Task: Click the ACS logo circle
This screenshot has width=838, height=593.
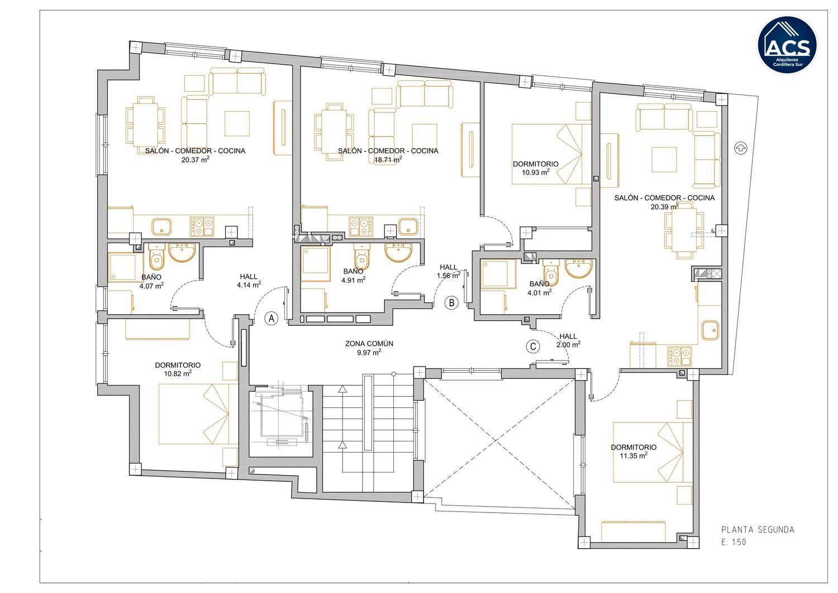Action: (x=788, y=45)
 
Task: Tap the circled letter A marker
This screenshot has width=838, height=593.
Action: (x=271, y=318)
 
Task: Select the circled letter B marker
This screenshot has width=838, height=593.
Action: (x=451, y=302)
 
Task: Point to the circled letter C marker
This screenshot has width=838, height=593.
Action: (x=533, y=347)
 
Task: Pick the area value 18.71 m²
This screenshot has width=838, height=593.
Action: (x=388, y=160)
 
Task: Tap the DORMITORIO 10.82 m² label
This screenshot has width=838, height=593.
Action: (x=178, y=369)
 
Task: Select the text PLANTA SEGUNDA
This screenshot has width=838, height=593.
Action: (x=758, y=529)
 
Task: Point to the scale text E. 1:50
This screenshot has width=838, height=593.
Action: (x=733, y=542)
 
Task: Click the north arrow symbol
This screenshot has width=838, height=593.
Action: (x=740, y=148)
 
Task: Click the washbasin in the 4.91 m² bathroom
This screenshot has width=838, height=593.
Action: (x=399, y=252)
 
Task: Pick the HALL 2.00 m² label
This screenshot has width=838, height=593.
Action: (x=568, y=340)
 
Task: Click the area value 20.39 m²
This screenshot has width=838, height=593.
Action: (x=664, y=206)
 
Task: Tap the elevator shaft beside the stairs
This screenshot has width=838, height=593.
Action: (x=280, y=421)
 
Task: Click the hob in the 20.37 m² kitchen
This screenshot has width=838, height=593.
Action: (x=202, y=227)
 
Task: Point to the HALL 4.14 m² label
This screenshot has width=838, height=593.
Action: (x=249, y=281)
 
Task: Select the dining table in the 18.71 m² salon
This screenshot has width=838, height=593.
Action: (x=334, y=132)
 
